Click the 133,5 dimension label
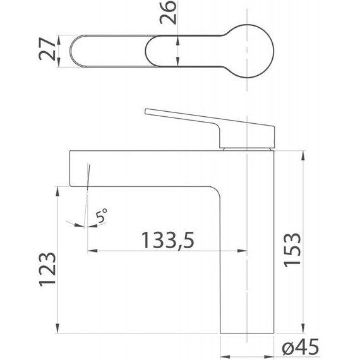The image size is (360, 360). pos(168,241)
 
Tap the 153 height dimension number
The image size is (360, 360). pos(292,250)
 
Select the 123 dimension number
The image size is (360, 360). pos(47,270)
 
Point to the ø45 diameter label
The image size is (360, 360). pos(301,347)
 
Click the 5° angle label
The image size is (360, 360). pos(101,215)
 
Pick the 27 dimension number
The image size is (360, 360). pos(47,49)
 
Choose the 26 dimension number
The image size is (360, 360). pos(168,13)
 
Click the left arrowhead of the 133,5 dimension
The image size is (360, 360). pos(92,251)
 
